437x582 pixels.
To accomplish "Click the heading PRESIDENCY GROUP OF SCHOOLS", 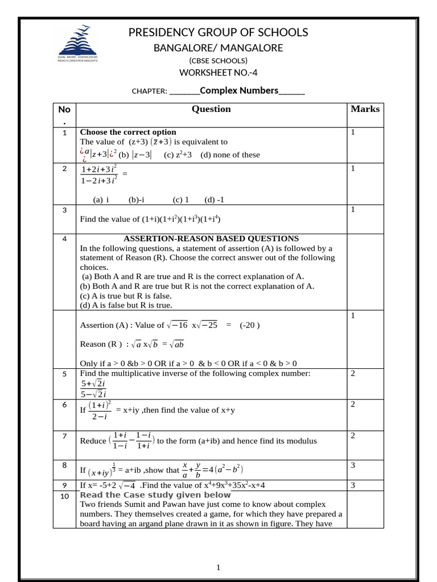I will tap(218, 32).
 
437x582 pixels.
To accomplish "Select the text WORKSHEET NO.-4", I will tap(218, 72).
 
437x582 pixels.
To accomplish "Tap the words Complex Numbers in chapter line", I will tap(239, 90).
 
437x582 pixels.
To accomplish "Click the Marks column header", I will tap(365, 109).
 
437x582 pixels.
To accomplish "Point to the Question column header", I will tap(211, 109).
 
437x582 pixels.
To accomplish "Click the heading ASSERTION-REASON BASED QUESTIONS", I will tap(211, 239).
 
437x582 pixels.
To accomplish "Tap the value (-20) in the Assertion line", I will tap(250, 325).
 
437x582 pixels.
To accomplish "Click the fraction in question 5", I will tap(95, 389).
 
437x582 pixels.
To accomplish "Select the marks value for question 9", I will tap(353, 485).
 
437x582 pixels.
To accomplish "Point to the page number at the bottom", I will tap(218, 567).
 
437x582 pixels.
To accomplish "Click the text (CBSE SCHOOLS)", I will tap(218, 60).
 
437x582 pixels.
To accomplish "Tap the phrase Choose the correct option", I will tap(128, 132).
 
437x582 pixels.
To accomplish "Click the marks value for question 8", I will tap(353, 465).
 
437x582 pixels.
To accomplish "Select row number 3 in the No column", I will tap(65, 210).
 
